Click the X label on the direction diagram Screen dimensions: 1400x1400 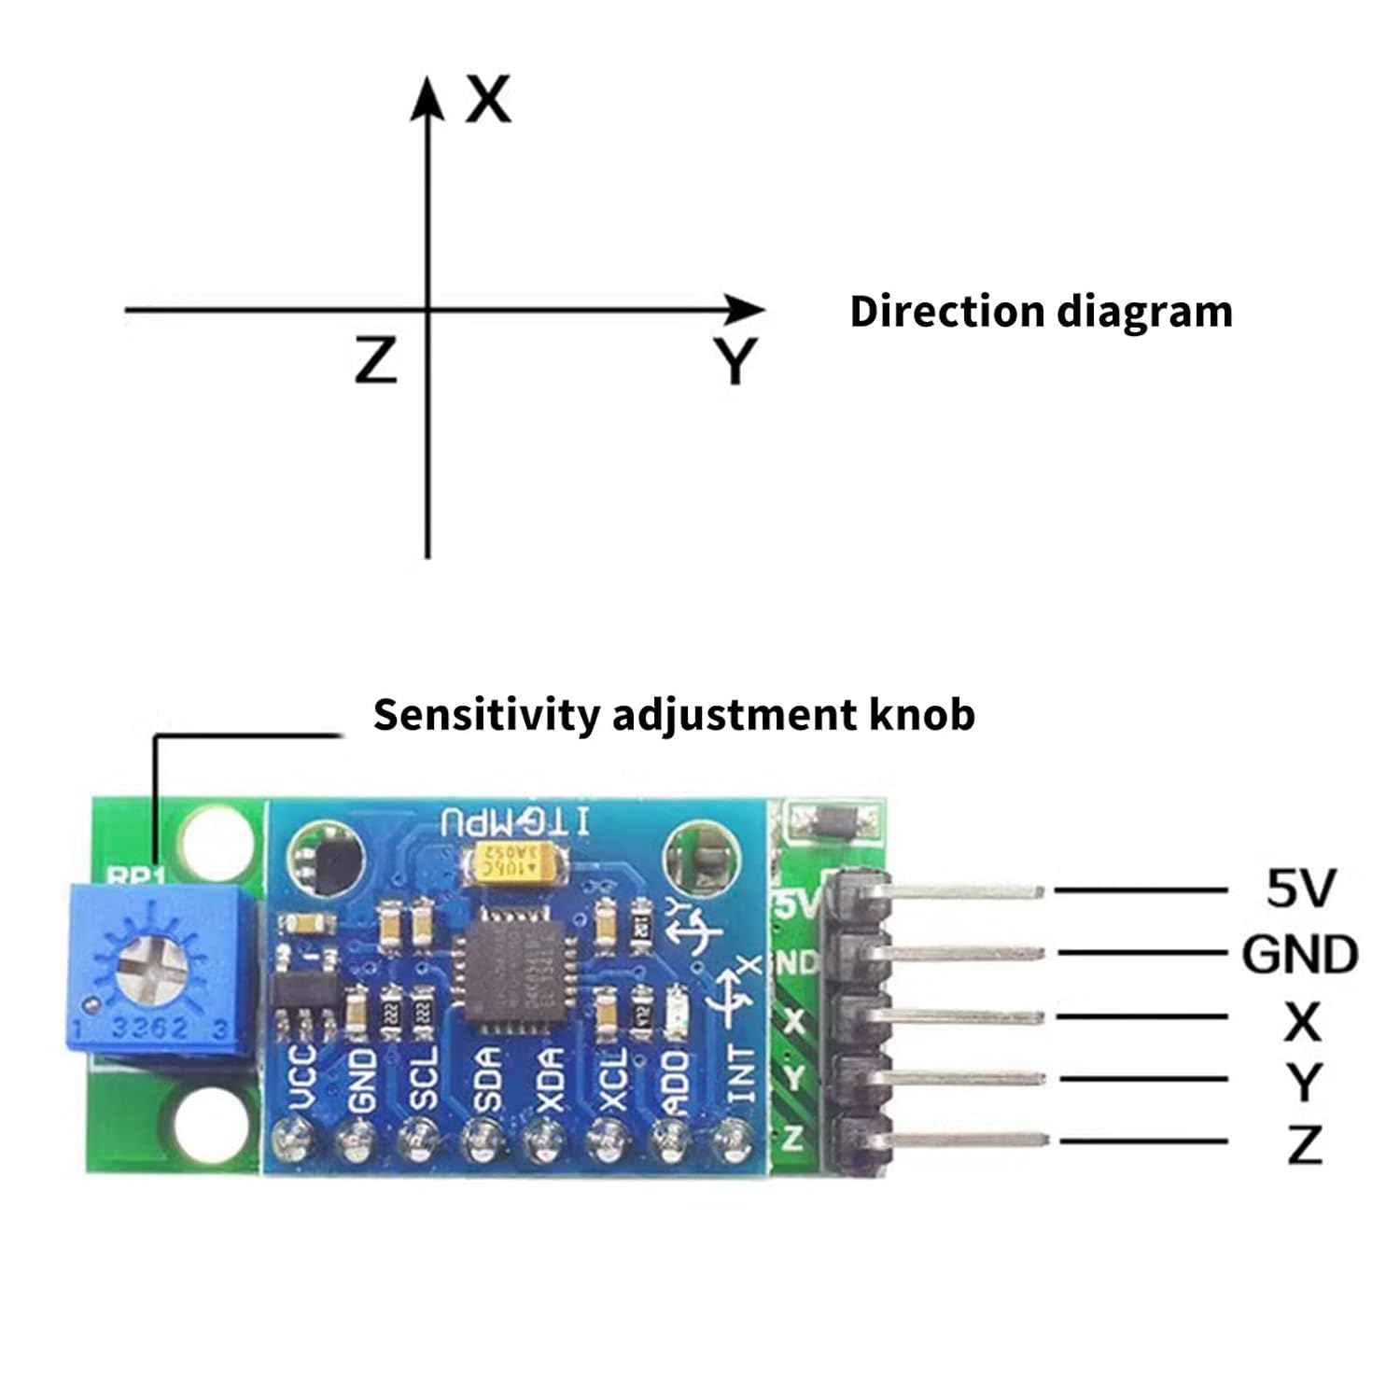488,100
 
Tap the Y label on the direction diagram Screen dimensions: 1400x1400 735,361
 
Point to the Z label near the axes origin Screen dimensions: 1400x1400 376,361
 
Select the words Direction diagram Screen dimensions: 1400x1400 1041,312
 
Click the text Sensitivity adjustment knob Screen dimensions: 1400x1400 674,715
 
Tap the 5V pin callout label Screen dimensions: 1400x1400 1300,889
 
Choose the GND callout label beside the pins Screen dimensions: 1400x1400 1299,955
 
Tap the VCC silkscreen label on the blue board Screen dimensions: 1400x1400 305,1078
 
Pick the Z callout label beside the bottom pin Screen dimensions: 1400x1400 1304,1143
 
